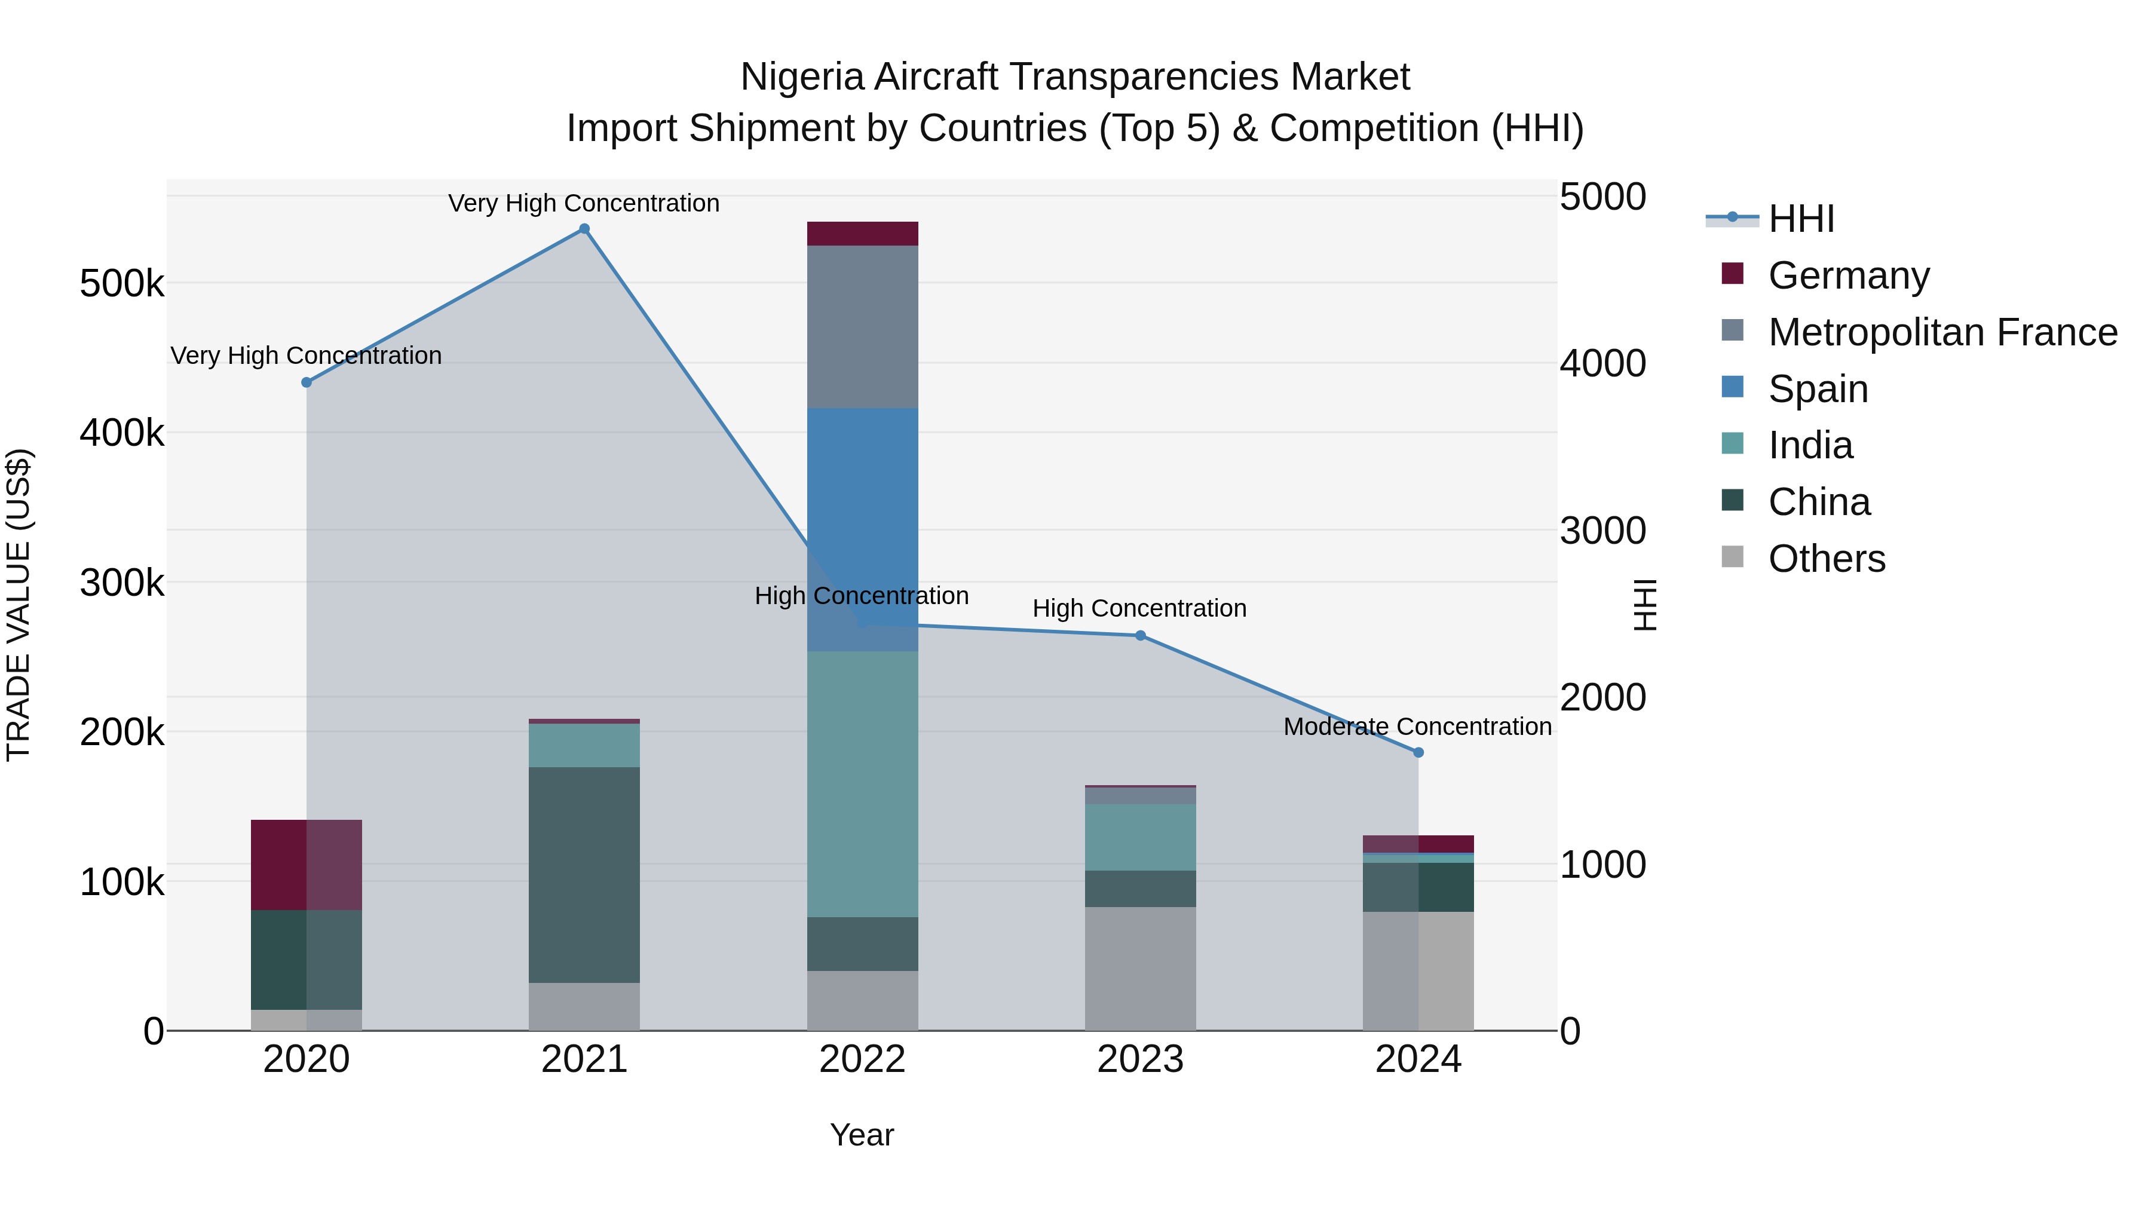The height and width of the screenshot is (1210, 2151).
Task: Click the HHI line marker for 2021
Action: pyautogui.click(x=584, y=229)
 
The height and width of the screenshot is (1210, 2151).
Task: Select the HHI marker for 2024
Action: pyautogui.click(x=1418, y=752)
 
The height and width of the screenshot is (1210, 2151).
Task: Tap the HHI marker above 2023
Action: pyautogui.click(x=1140, y=636)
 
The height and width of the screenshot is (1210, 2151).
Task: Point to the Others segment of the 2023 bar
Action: pyautogui.click(x=1140, y=968)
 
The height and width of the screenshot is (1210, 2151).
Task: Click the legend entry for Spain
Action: pyautogui.click(x=1818, y=389)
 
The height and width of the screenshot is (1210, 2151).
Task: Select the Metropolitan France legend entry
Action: pyautogui.click(x=1942, y=332)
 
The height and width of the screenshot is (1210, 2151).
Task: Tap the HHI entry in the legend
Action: pyautogui.click(x=1801, y=219)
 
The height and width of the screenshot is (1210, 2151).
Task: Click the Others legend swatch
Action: pyautogui.click(x=1733, y=557)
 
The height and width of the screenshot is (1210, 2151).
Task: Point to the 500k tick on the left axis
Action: pyautogui.click(x=122, y=284)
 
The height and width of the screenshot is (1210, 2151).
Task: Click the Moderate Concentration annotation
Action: pyautogui.click(x=1417, y=727)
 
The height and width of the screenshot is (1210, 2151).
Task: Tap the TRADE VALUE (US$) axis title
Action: pyautogui.click(x=19, y=605)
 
